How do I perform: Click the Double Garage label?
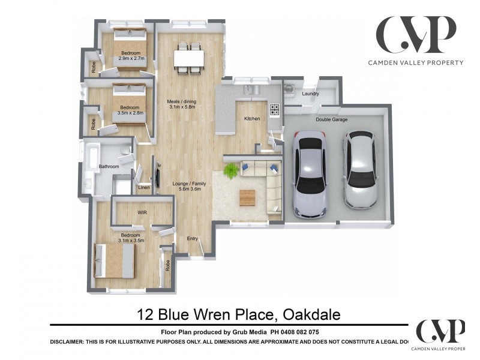click(x=332, y=119)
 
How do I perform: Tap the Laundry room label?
click(x=310, y=94)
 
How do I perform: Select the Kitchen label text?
click(x=252, y=119)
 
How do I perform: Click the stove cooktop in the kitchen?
click(x=274, y=110)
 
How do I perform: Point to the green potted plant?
click(x=230, y=172)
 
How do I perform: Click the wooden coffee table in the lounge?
click(x=247, y=196)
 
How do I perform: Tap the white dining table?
click(x=189, y=59)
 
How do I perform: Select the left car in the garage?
click(x=310, y=176)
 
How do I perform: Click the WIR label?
click(x=143, y=212)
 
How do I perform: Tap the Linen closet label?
click(x=143, y=188)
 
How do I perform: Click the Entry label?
click(x=192, y=238)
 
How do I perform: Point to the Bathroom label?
click(x=109, y=166)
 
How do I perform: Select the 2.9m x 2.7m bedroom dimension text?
click(x=131, y=59)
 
